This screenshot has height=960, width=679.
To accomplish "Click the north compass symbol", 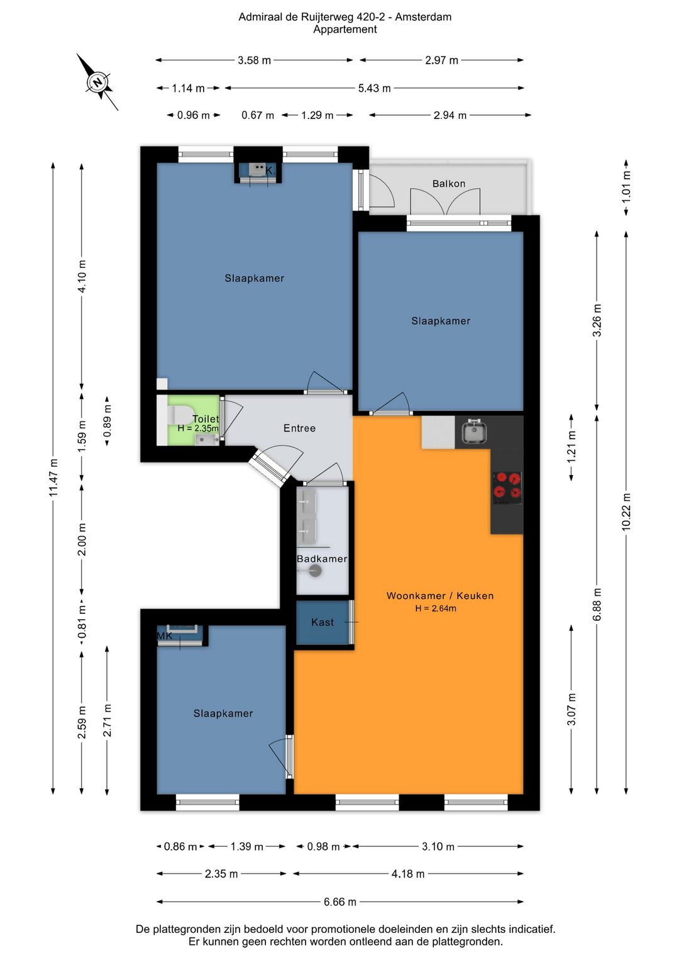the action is coord(98,82).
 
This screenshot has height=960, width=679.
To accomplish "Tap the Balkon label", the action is coord(448,184).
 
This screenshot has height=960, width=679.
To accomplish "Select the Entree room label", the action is coord(299,428).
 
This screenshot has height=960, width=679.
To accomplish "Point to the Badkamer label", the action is coord(322,559).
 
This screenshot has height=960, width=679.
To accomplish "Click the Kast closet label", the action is coord(323,622).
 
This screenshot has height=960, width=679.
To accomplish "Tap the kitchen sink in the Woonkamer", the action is coord(474,431).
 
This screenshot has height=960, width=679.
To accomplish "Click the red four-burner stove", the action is coord(507,488).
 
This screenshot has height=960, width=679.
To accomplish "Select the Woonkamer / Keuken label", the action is coord(440,596).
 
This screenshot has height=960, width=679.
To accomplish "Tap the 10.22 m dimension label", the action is coord(626,511).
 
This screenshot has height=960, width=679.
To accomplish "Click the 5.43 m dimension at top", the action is coord(375,88).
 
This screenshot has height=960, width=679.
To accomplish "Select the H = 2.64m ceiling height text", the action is coord(436,608).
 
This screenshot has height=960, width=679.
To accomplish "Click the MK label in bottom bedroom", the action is coord(165,636).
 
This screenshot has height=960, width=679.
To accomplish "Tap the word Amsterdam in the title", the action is coord(423,17).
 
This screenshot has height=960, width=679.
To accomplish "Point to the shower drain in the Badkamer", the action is coord(316,571).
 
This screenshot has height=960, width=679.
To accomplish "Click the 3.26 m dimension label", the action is coord(597,320).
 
